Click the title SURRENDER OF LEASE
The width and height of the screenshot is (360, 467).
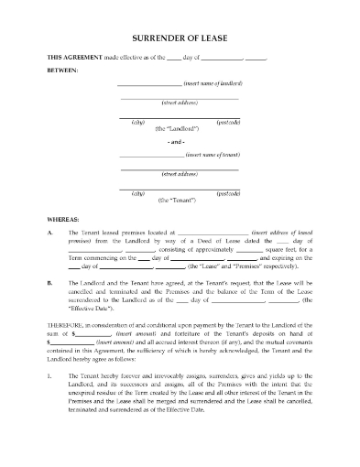[x=180, y=38]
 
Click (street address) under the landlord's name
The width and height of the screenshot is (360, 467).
[x=180, y=103]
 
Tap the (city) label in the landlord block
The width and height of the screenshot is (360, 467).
[x=139, y=122]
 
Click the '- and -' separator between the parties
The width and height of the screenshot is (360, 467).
[x=180, y=142]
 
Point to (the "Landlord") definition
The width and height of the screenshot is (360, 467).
[x=180, y=130]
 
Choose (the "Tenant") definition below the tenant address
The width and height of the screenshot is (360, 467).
[x=180, y=201]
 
